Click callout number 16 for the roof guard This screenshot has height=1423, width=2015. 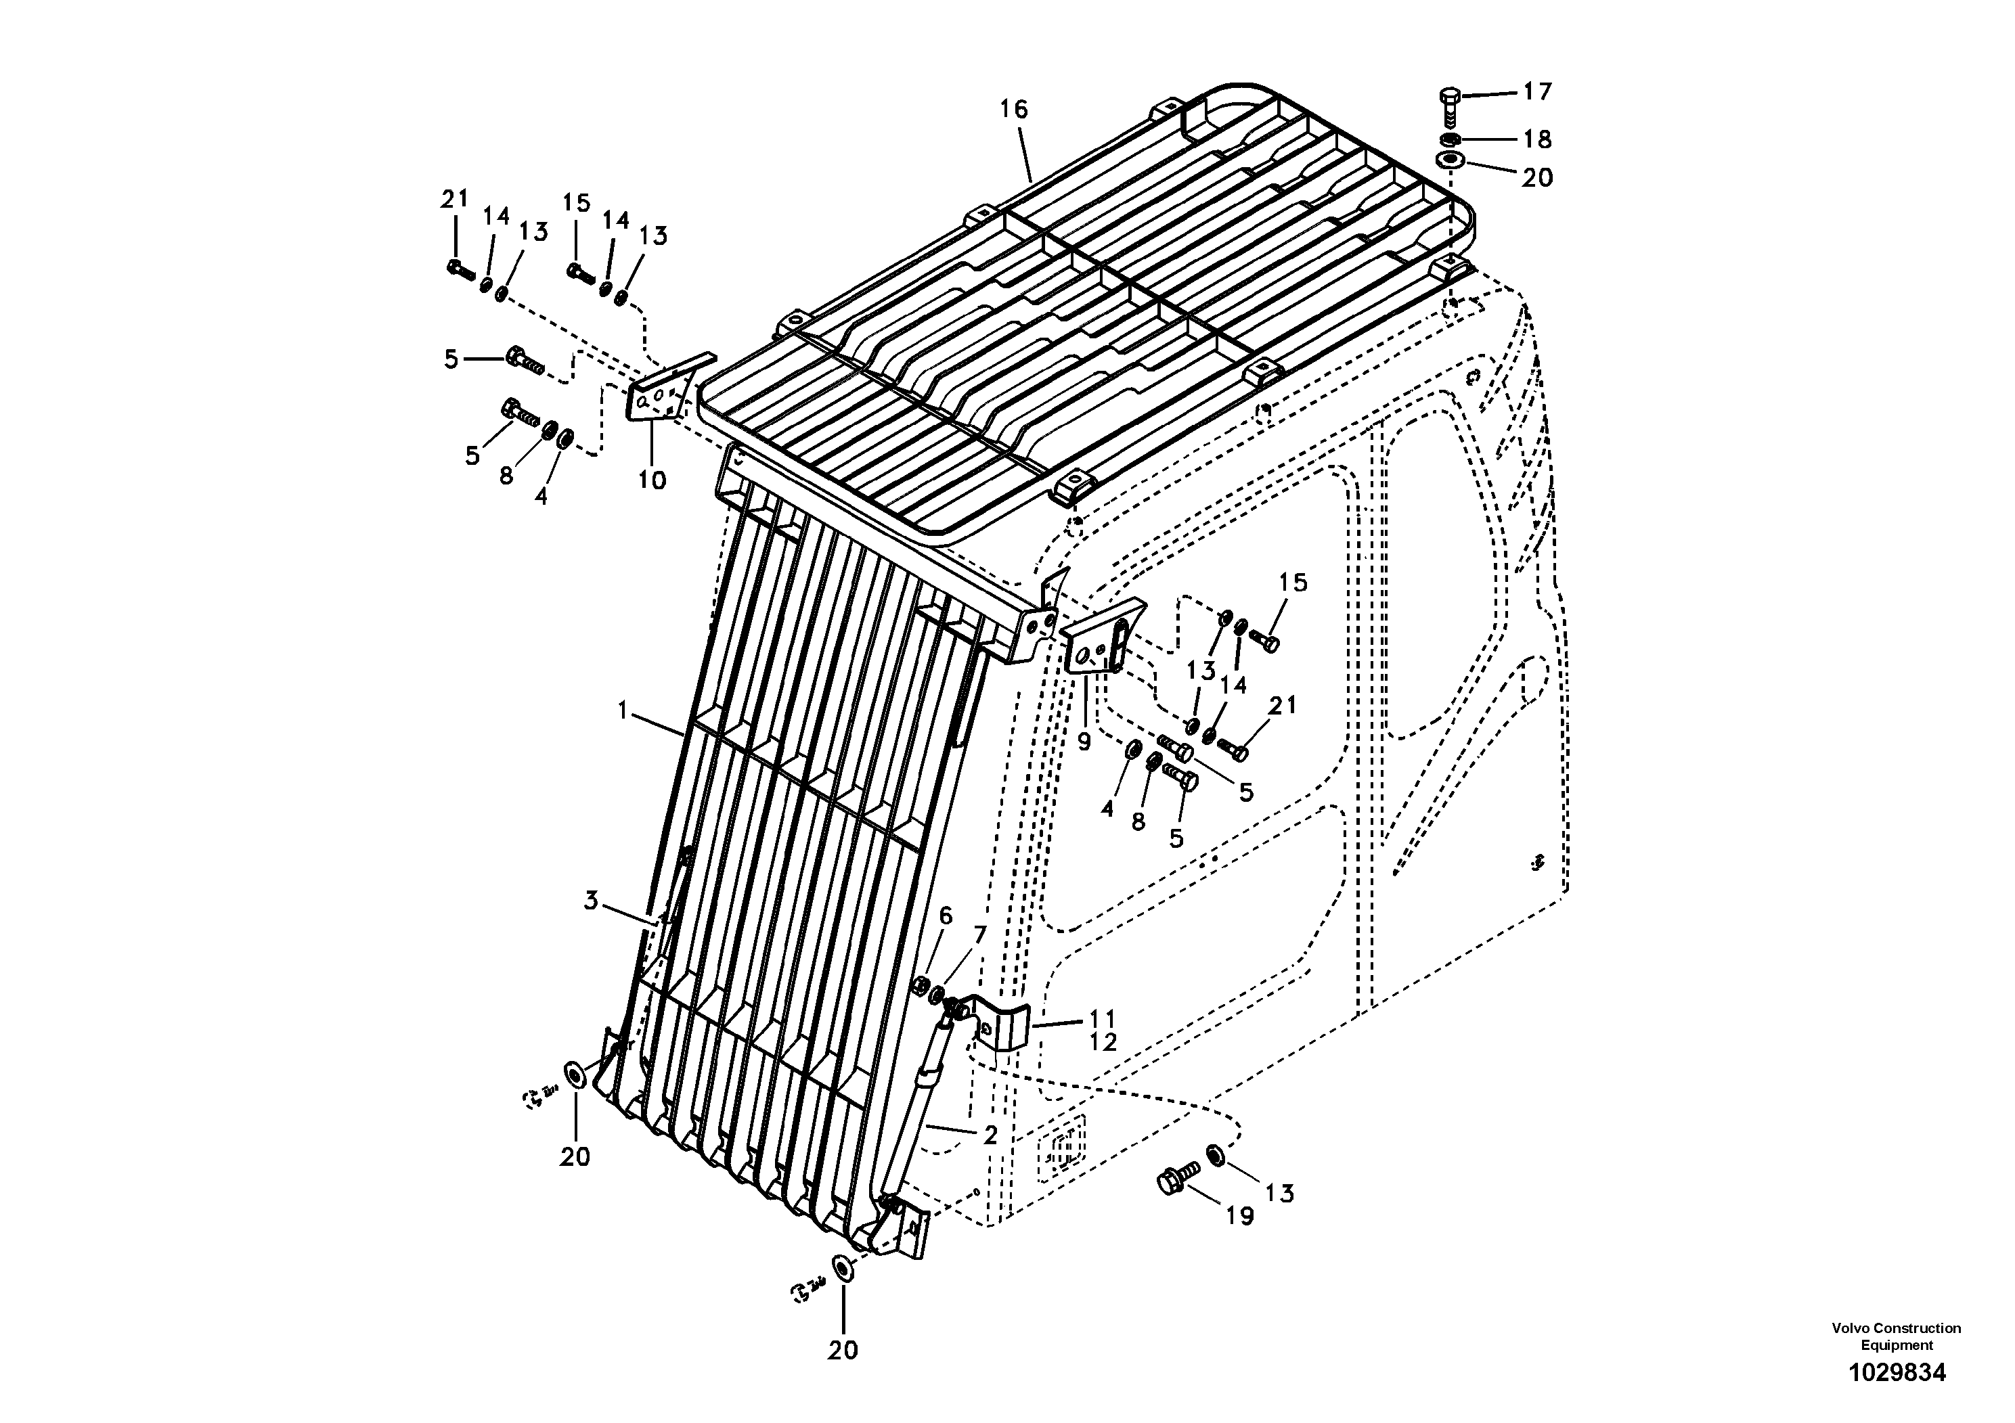click(x=1014, y=110)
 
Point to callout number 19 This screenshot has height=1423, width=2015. click(x=1240, y=1216)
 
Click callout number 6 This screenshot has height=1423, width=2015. click(x=945, y=916)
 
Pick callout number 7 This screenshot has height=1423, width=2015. click(x=979, y=934)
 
